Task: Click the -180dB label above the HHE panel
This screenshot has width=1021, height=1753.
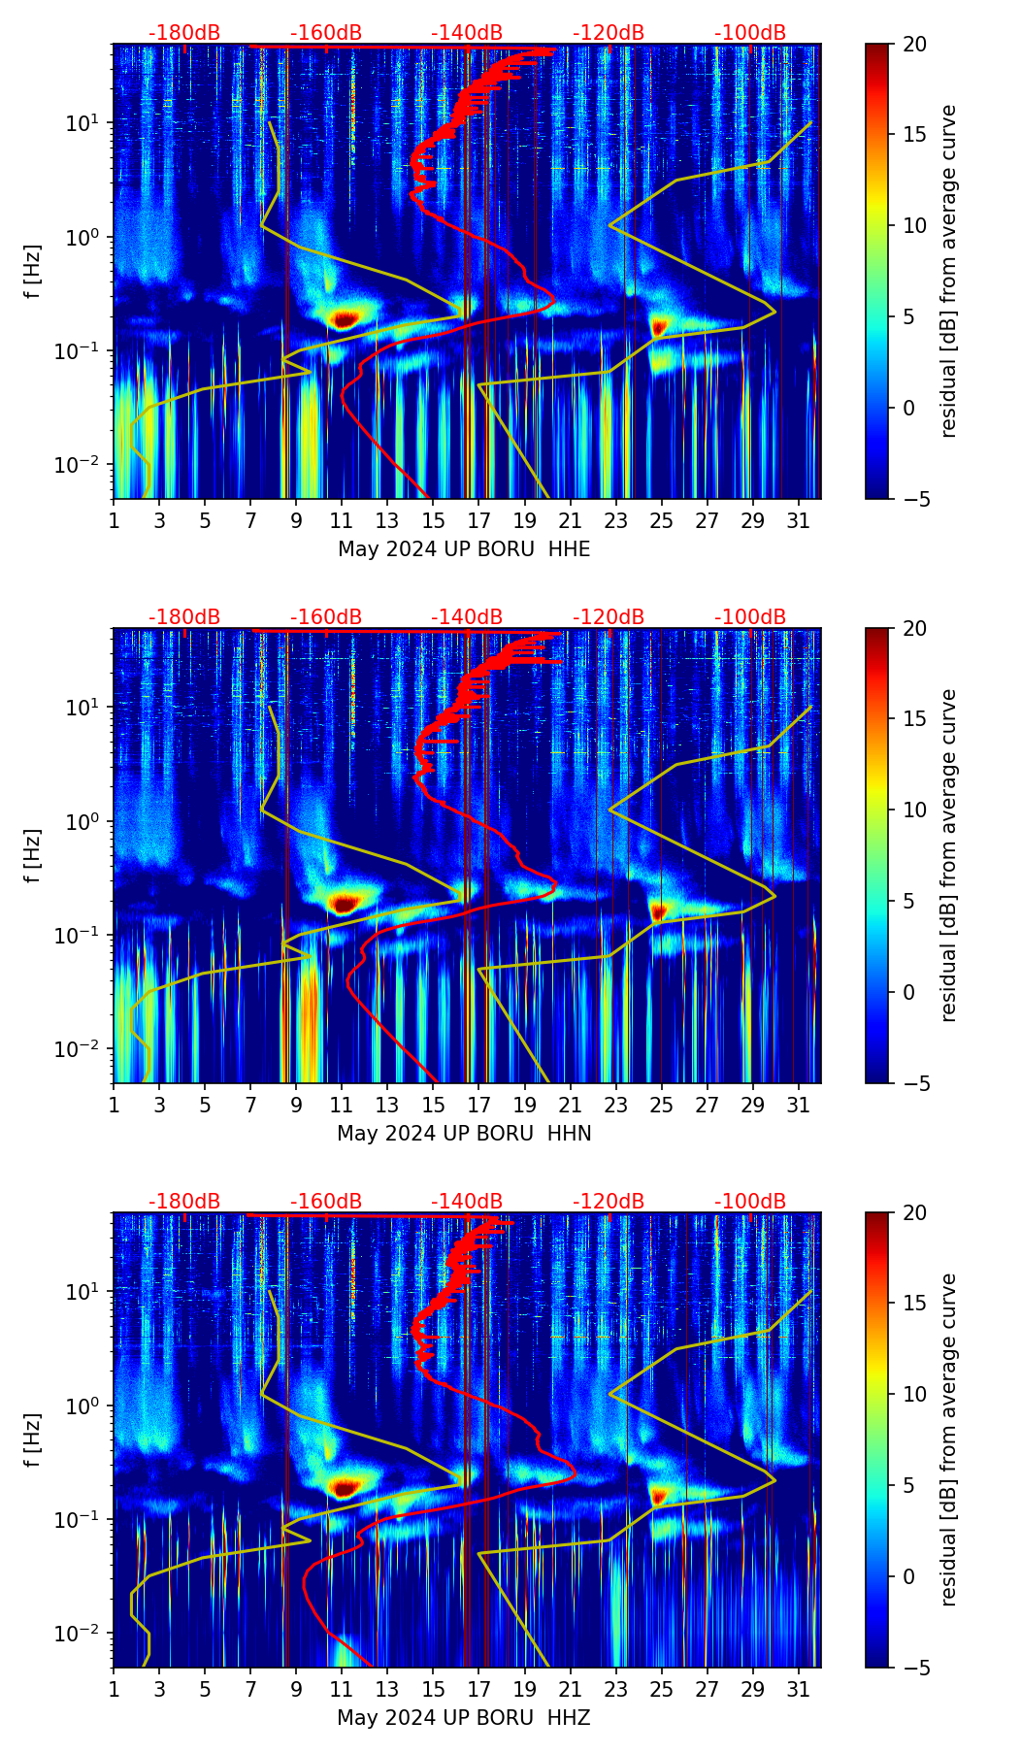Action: (184, 33)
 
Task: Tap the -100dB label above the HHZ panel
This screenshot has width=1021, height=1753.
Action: (750, 1202)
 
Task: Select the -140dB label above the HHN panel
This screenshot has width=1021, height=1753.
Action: (467, 617)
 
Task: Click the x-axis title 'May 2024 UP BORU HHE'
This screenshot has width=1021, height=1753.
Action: (464, 549)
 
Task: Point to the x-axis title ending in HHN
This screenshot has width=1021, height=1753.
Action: (464, 1134)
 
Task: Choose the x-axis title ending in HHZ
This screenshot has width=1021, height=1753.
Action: (464, 1718)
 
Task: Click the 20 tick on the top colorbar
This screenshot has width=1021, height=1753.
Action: (914, 45)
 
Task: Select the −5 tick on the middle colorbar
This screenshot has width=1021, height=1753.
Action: (914, 1083)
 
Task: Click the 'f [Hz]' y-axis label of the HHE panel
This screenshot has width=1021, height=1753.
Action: (33, 272)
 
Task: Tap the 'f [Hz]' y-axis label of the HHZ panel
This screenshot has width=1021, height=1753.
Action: (33, 1440)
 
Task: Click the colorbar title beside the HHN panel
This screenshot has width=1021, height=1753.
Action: (949, 856)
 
